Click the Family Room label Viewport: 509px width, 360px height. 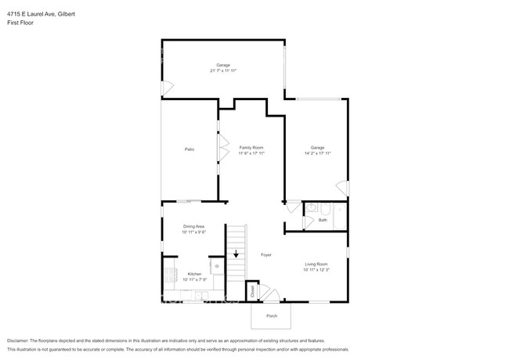coord(251,147)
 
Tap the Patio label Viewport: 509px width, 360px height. coord(189,149)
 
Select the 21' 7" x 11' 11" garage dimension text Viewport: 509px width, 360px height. coord(223,70)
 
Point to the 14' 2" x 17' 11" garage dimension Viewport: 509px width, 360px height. coord(317,153)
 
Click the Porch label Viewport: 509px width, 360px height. coord(271,316)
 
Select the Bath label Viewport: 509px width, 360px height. coord(323,220)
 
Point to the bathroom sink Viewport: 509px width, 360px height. coord(310,208)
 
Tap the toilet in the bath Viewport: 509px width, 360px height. coord(324,208)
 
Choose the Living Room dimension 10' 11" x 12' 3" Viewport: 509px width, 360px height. coord(316,270)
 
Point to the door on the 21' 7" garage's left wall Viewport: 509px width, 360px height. coord(164,87)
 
